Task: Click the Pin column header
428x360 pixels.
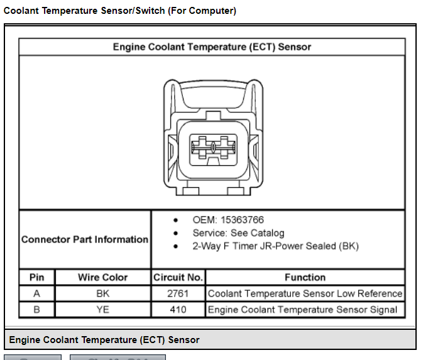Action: click(x=36, y=277)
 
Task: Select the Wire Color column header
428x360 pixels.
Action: click(x=103, y=277)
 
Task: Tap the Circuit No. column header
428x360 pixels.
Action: click(x=178, y=277)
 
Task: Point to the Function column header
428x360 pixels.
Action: click(x=305, y=277)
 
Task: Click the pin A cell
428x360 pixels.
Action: click(x=36, y=293)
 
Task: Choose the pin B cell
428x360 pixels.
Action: click(x=36, y=310)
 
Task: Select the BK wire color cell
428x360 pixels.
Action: click(x=103, y=293)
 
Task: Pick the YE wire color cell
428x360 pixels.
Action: click(x=103, y=310)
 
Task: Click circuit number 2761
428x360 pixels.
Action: click(x=178, y=293)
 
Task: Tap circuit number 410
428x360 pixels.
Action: click(x=178, y=310)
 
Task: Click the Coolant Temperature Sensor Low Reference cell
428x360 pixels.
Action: click(x=305, y=293)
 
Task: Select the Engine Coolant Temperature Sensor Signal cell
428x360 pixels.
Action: click(x=302, y=310)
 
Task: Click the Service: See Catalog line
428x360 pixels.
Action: click(x=238, y=233)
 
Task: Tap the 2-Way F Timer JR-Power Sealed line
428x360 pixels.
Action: click(x=275, y=246)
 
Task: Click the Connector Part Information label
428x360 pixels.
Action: click(x=85, y=239)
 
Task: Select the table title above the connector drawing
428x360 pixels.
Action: click(x=212, y=46)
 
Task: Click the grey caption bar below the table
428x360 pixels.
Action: click(x=210, y=339)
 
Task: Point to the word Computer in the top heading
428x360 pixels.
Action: click(x=211, y=11)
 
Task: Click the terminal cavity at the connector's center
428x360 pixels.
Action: click(x=213, y=150)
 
